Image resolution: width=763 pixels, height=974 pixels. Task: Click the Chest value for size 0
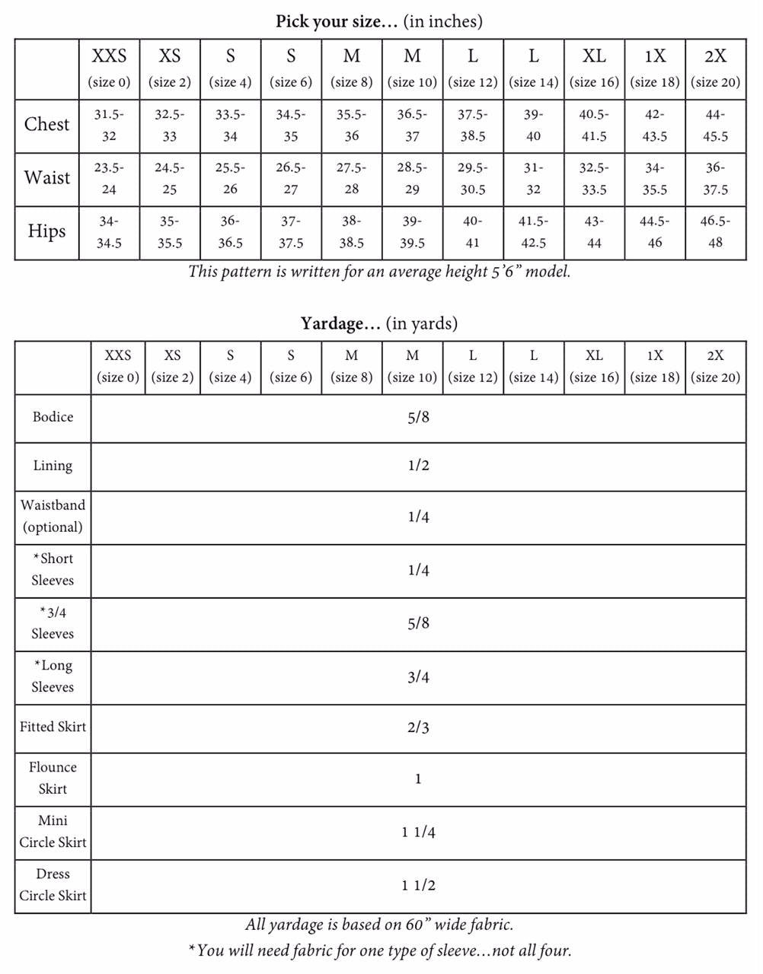[109, 126]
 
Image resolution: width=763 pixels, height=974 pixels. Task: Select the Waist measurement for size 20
[715, 179]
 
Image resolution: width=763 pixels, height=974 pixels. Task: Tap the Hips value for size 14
[533, 232]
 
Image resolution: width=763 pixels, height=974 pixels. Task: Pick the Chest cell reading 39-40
[533, 126]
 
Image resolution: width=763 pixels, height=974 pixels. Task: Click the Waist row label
[46, 178]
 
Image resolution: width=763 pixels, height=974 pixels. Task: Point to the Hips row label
[46, 231]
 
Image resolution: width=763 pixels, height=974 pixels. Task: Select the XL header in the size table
[594, 56]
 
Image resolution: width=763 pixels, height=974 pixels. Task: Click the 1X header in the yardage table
[655, 355]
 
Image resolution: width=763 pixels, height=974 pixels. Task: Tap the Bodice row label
[53, 417]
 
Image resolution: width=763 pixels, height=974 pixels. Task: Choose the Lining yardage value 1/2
[418, 466]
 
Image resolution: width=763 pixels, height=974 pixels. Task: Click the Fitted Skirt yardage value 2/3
[418, 728]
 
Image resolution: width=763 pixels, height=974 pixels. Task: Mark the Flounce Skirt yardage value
[418, 779]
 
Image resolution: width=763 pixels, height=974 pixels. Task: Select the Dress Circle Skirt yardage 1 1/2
[418, 886]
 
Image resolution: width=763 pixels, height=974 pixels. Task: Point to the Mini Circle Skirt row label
[53, 832]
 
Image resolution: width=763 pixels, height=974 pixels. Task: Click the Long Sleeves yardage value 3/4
[418, 677]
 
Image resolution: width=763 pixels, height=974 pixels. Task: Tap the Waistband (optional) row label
[53, 516]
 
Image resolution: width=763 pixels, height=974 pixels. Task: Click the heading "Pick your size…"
[337, 21]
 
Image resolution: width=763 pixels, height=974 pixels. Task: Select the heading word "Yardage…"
[340, 324]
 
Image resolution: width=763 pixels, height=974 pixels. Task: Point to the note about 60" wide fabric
[379, 925]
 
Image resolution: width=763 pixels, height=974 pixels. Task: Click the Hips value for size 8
[351, 232]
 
